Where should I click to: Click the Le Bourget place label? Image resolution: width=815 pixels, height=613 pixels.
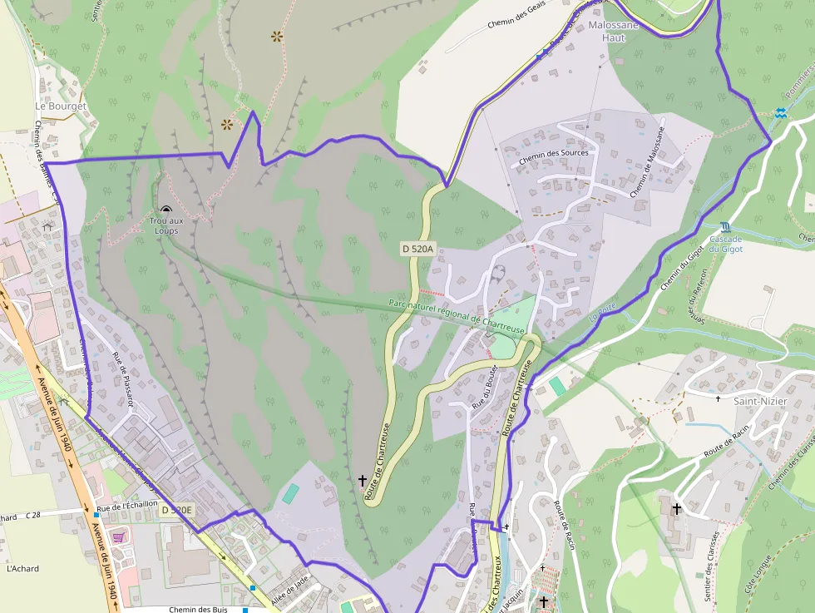pos(61,106)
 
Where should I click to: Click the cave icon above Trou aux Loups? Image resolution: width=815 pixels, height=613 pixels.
pos(166,210)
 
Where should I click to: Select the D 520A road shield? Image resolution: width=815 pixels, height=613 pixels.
pos(417,248)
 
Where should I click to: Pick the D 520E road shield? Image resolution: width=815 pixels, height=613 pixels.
pos(176,510)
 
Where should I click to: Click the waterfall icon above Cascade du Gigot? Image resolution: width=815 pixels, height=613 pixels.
pos(726,226)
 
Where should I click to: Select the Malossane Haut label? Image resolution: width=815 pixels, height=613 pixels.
pos(614,32)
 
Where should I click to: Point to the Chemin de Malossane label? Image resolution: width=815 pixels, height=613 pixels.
pos(647,162)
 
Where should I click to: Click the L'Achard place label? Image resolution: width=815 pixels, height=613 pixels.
pos(22,569)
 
